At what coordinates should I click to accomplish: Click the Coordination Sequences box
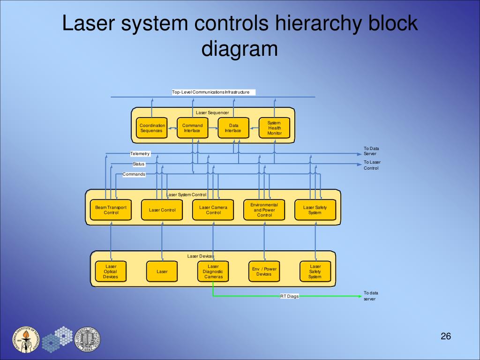click(152, 128)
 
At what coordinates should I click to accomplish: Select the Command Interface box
click(192, 128)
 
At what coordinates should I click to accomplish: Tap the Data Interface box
click(233, 128)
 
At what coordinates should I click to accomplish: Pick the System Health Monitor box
click(274, 128)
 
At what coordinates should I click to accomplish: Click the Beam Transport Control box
click(111, 210)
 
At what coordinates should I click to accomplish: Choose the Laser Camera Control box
click(213, 210)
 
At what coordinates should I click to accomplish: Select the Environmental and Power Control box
click(264, 210)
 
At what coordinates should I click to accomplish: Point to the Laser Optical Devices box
click(111, 271)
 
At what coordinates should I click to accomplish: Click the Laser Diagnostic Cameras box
click(213, 271)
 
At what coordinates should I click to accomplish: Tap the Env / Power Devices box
click(264, 271)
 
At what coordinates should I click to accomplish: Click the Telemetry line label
click(140, 154)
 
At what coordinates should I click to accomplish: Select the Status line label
click(139, 164)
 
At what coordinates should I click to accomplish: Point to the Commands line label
click(134, 174)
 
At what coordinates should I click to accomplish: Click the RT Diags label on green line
click(289, 296)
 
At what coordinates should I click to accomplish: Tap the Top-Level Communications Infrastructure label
click(211, 92)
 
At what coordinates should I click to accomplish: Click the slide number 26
click(445, 337)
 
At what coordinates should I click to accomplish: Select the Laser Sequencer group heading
click(212, 113)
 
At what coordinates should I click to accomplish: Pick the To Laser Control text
click(372, 165)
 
